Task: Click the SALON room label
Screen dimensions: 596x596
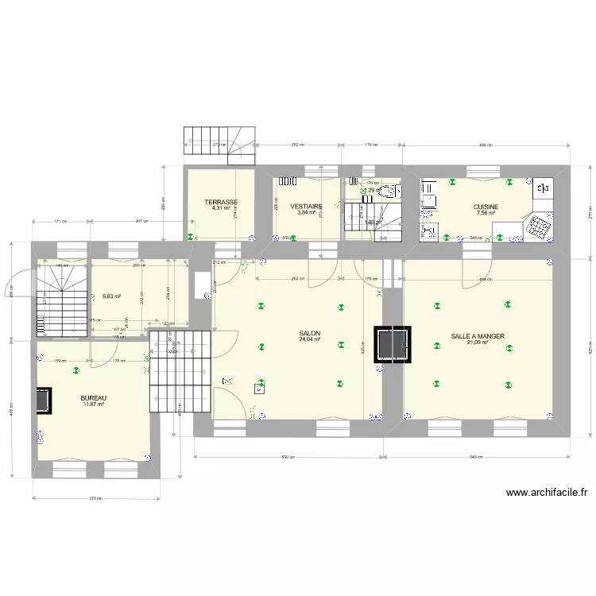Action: pos(310,334)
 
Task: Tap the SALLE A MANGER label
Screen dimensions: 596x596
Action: pos(478,336)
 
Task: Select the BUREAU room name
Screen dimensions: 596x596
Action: pos(94,398)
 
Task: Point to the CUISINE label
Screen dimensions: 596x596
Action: pos(486,207)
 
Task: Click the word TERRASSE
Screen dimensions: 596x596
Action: pos(221,202)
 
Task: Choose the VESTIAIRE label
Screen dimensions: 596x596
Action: pos(306,206)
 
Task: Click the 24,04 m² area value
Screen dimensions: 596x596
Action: pos(310,339)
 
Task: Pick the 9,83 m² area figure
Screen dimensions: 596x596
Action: pos(111,296)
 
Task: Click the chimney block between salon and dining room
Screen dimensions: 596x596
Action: pos(393,343)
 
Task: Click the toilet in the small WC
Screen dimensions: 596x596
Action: pos(389,192)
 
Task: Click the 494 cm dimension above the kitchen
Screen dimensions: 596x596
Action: pos(486,145)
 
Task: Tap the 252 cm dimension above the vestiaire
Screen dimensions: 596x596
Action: pos(298,145)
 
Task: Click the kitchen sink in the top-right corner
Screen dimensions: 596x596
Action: pos(544,188)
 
